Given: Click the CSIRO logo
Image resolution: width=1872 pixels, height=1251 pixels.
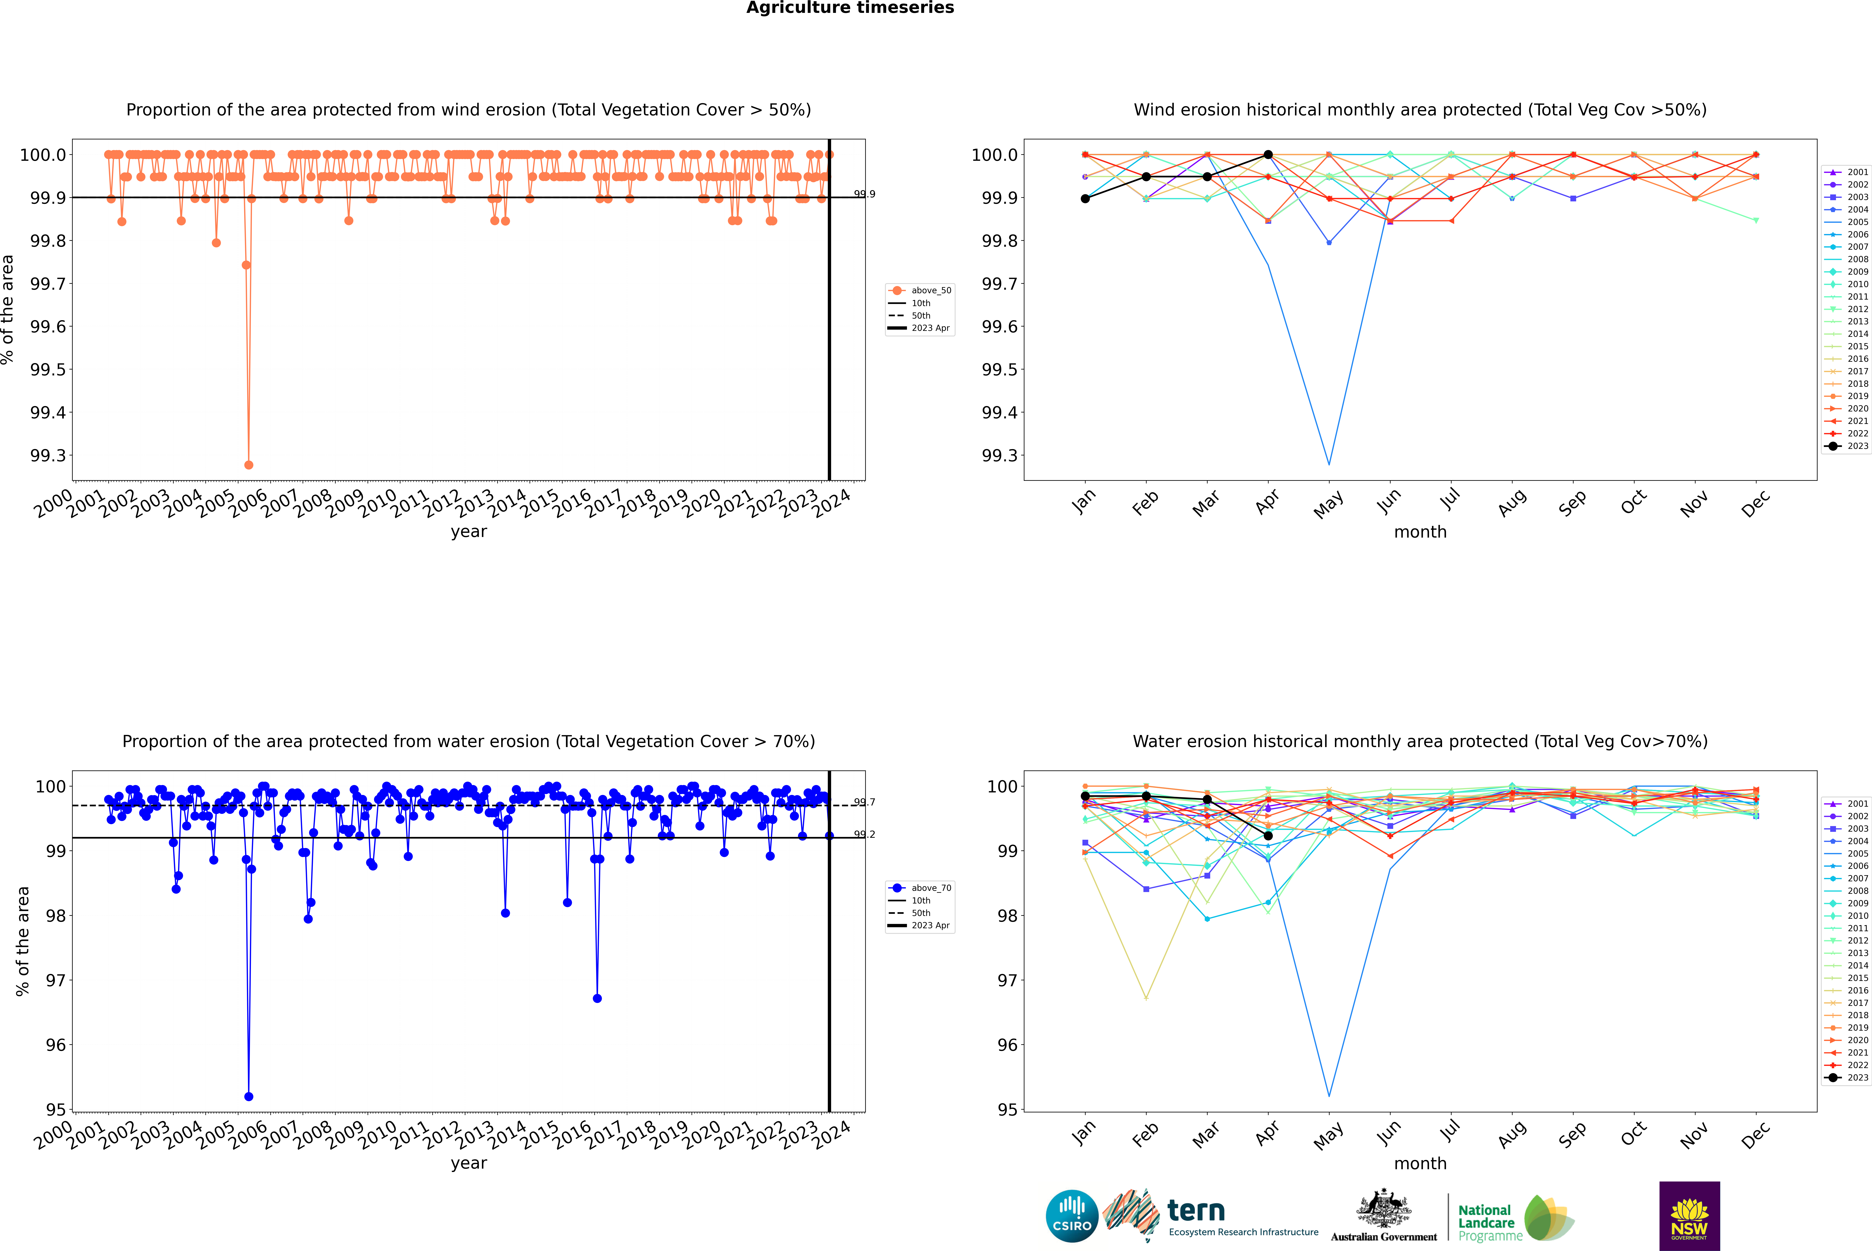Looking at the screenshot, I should pos(1072,1216).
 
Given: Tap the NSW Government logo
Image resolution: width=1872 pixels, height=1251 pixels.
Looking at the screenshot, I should pos(1689,1216).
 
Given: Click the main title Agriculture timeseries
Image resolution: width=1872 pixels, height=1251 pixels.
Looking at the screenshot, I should pos(850,8).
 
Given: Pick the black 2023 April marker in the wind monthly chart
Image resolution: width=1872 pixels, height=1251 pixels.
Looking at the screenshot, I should pos(1268,155).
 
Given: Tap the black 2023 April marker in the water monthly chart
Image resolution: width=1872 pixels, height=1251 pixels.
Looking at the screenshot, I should pos(1268,835).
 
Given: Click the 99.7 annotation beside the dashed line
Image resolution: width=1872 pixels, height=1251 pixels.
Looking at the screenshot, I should pos(864,803).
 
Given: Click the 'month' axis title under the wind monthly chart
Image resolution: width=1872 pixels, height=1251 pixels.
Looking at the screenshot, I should pos(1419,532).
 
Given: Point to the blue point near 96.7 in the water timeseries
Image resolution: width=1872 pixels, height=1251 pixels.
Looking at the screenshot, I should pos(597,998).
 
